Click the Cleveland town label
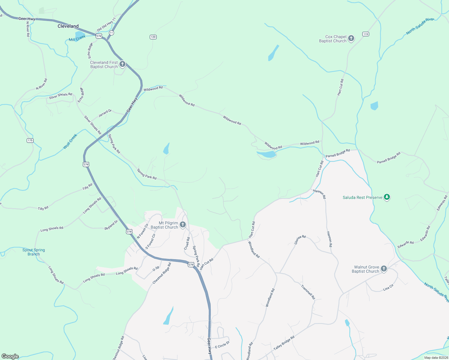click(68, 26)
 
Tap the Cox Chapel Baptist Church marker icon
click(351, 38)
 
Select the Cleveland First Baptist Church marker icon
click(122, 64)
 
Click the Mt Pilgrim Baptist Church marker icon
click(182, 225)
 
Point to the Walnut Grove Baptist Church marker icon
click(384, 269)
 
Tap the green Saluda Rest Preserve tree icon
click(387, 197)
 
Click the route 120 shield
click(153, 37)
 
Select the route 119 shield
click(365, 34)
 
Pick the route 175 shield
click(30, 140)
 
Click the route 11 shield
click(111, 32)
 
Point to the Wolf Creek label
click(70, 142)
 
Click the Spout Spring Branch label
click(34, 252)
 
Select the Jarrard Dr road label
click(105, 113)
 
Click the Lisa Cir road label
click(388, 288)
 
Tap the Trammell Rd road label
click(308, 292)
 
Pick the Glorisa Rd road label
click(300, 239)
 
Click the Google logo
click(10, 356)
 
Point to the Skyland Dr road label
click(111, 225)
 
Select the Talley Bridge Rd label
click(284, 343)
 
